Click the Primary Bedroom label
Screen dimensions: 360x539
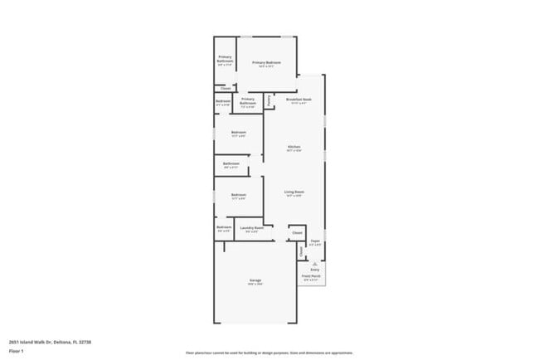(x=266, y=63)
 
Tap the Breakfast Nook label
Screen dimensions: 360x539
(x=299, y=99)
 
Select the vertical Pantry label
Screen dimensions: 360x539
(x=269, y=100)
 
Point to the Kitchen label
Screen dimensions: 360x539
(x=294, y=146)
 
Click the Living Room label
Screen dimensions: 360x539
(x=294, y=192)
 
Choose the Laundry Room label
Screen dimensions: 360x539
(x=252, y=227)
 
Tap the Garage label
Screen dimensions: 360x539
(x=255, y=280)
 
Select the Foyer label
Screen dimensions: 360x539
(x=315, y=241)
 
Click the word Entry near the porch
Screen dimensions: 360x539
(x=315, y=270)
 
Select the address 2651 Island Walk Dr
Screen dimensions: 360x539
(x=50, y=342)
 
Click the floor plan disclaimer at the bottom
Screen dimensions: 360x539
(x=269, y=353)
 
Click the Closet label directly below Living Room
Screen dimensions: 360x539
(x=297, y=233)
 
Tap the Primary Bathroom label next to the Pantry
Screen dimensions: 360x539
(x=248, y=102)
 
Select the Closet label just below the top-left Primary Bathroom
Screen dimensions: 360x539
(x=226, y=87)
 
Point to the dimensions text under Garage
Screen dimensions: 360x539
(x=255, y=285)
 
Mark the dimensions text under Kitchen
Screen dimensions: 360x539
(x=294, y=150)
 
